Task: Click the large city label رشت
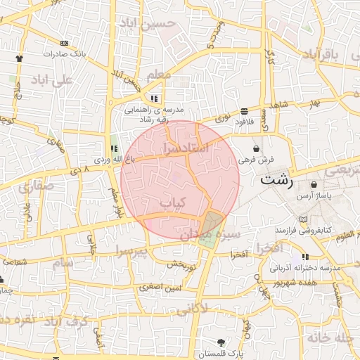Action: click(x=276, y=179)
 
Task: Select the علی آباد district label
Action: click(x=52, y=80)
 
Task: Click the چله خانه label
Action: click(x=329, y=337)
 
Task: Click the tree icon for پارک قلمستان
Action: click(x=222, y=342)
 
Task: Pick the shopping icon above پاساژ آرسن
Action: click(x=314, y=184)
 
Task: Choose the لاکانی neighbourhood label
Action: click(x=191, y=309)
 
